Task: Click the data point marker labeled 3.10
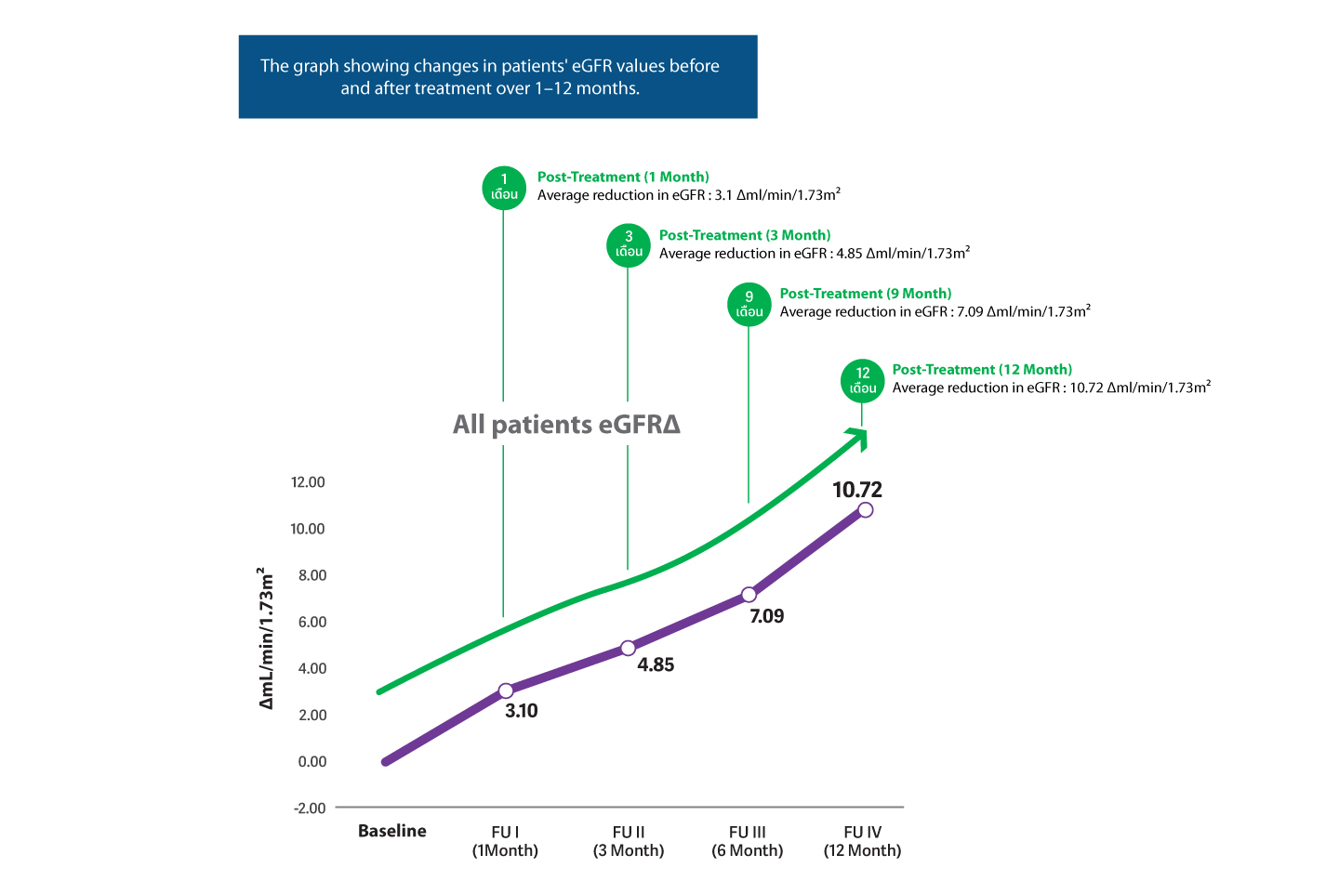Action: tap(506, 690)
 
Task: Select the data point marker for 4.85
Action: tap(628, 648)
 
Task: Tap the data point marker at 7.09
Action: tap(749, 595)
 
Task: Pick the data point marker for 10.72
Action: tap(865, 509)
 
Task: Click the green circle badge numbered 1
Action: tap(504, 187)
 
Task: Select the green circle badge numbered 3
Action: tap(629, 244)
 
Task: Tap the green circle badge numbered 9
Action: tap(749, 304)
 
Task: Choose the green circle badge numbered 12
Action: tap(863, 380)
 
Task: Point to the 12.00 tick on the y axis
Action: tap(308, 482)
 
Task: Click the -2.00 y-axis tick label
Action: tap(310, 808)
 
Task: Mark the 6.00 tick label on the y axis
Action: tap(312, 622)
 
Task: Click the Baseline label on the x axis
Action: tap(392, 831)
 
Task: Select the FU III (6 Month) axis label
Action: tap(748, 841)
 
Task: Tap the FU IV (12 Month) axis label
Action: tap(862, 841)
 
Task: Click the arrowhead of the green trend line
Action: tap(858, 437)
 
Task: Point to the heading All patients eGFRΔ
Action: tap(566, 425)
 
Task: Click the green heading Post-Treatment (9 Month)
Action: tap(865, 294)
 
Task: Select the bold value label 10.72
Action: tap(856, 490)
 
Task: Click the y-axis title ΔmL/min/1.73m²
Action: tap(267, 638)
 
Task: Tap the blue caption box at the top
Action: tap(497, 77)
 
